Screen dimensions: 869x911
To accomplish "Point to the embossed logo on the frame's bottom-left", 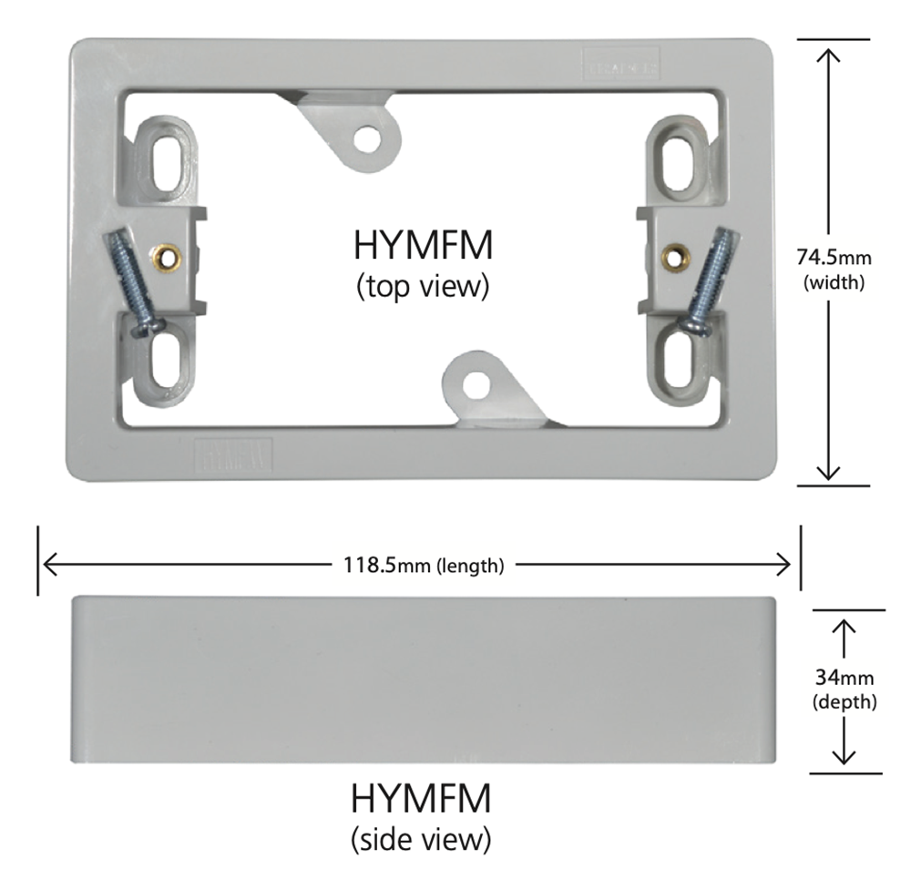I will (x=234, y=453).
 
